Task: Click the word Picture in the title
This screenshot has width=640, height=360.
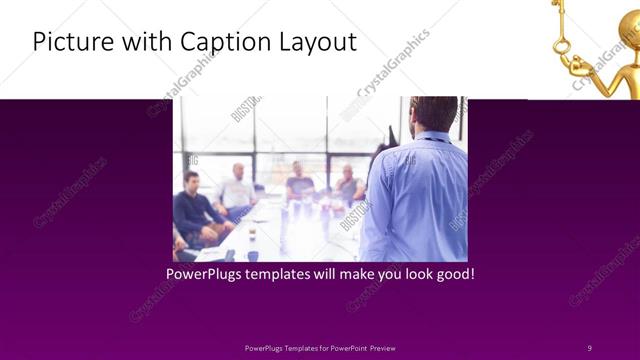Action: tap(69, 42)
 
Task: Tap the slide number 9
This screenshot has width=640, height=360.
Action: tap(589, 347)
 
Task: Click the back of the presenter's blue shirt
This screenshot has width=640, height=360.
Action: tap(415, 195)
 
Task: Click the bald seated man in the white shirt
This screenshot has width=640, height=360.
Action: tap(237, 190)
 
